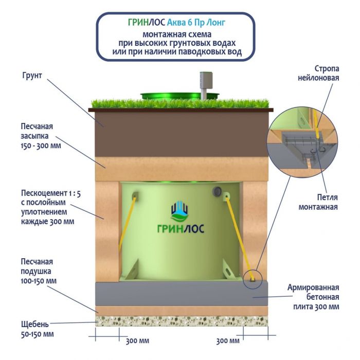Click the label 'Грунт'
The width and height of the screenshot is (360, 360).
pyautogui.click(x=32, y=76)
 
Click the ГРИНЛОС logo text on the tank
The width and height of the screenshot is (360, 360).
pyautogui.click(x=180, y=229)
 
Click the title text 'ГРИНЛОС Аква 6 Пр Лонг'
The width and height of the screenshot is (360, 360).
pyautogui.click(x=175, y=22)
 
